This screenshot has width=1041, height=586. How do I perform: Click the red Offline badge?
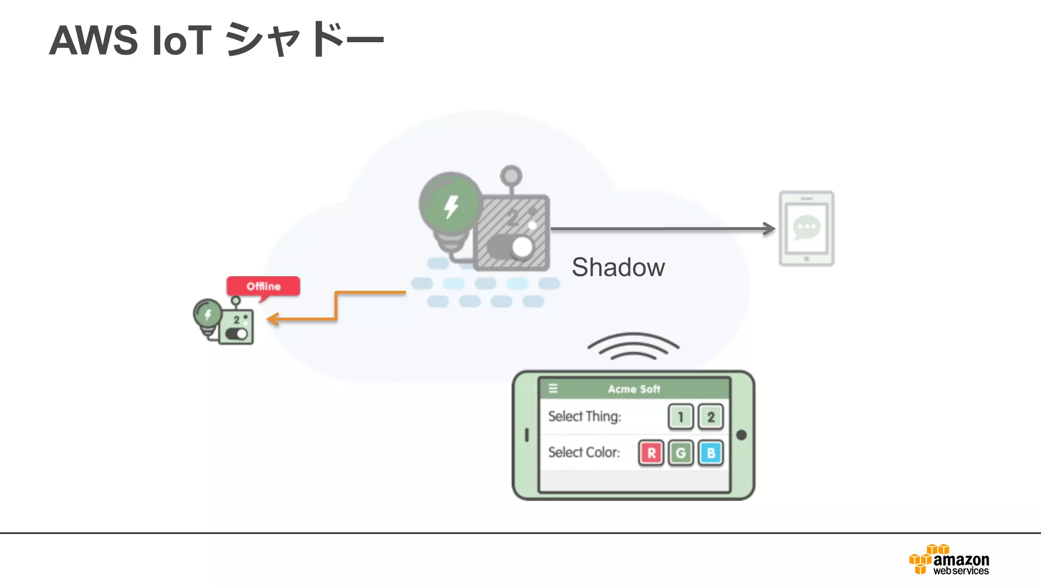263,286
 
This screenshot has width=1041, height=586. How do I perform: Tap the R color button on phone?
651,453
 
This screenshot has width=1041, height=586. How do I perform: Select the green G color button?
681,453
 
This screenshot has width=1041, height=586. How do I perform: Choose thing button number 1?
680,417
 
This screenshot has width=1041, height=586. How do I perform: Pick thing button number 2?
711,417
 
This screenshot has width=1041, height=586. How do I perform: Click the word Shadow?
618,268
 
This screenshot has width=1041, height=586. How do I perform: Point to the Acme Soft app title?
634,389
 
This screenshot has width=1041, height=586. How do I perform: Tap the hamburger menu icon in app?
553,389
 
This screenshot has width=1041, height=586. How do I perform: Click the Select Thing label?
585,417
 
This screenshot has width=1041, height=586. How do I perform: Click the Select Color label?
584,452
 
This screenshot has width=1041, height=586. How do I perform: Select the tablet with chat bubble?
806,228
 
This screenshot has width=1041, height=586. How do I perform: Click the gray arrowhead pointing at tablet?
770,229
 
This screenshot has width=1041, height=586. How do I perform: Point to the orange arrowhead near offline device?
273,319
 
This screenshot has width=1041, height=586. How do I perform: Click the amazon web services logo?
949,561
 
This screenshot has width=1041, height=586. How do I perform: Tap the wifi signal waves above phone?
633,346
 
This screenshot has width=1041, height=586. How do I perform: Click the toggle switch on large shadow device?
511,247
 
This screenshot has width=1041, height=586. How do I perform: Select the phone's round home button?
741,435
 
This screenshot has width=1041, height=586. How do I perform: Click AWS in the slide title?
94,40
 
